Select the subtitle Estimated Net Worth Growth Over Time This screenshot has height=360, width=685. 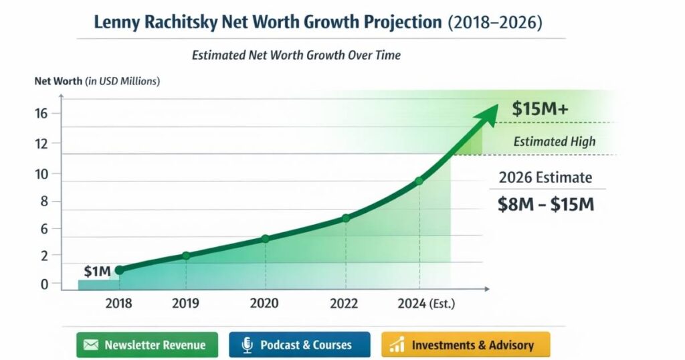296,55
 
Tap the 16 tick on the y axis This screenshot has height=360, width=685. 41,113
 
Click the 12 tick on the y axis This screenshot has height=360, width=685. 41,143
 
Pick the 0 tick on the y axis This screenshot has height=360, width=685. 44,284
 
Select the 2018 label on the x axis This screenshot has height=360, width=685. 118,304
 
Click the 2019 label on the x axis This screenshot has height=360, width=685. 185,304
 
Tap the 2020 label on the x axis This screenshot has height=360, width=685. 264,304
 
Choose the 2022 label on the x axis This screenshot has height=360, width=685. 345,304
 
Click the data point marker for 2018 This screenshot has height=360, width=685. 119,270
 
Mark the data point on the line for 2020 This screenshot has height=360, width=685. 266,239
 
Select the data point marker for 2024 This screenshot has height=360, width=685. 419,181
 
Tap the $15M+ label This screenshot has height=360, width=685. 540,110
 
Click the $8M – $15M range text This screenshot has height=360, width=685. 546,205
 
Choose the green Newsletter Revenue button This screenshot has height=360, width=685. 146,345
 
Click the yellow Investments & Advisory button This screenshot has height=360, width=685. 465,345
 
